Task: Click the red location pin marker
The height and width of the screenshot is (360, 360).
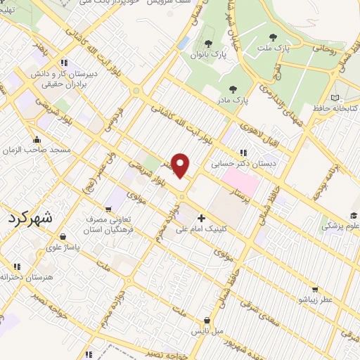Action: (x=181, y=165)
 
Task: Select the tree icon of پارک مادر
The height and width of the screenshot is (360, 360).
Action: (x=233, y=89)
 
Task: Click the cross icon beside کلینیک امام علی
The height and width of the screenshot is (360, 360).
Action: (x=202, y=219)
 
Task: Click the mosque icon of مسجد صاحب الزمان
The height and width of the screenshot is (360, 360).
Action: (x=36, y=139)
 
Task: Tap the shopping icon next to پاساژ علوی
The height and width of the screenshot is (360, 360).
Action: (x=64, y=236)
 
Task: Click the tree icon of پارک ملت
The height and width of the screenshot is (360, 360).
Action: (x=273, y=37)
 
